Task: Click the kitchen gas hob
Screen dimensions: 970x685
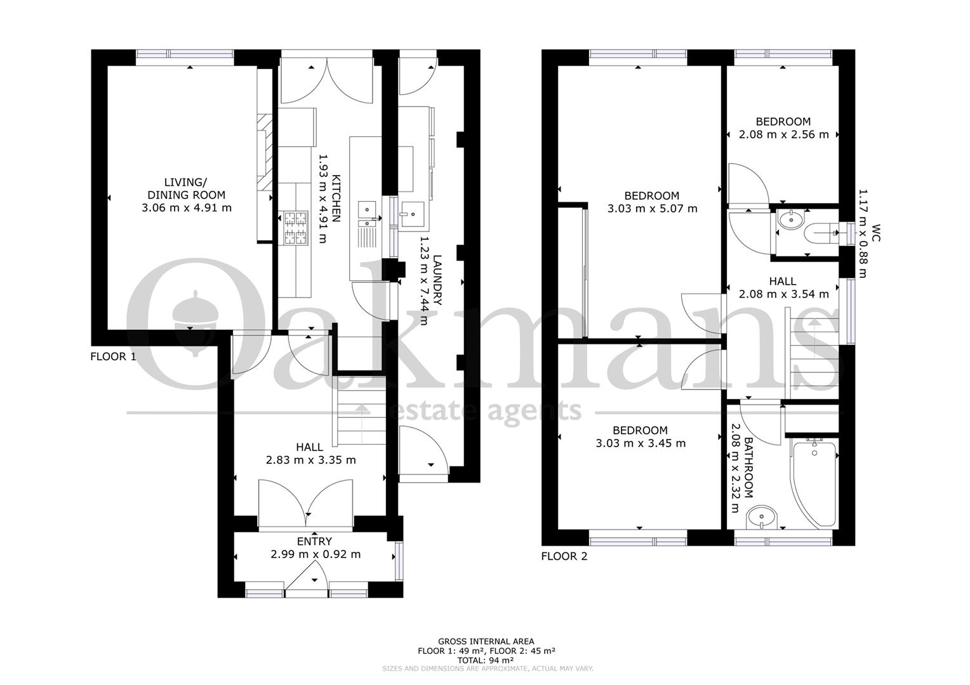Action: (296, 228)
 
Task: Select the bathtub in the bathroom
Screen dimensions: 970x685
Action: (814, 483)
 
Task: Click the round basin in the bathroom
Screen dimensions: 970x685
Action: (762, 517)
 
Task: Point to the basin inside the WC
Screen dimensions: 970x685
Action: (792, 219)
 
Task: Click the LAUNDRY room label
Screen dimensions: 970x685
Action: (437, 280)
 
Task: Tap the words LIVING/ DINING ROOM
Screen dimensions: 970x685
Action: (186, 188)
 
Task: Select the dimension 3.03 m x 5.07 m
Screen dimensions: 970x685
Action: (652, 209)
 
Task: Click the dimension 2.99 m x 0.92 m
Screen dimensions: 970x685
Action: (316, 554)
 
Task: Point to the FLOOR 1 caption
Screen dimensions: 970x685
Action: (113, 356)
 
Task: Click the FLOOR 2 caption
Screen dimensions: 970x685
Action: (564, 556)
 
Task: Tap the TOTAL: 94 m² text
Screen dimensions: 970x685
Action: (486, 660)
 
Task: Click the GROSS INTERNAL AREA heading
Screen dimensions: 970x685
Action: (486, 641)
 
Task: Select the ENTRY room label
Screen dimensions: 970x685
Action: (314, 541)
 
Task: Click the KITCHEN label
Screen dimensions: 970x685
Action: (336, 198)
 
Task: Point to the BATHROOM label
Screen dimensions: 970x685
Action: (748, 468)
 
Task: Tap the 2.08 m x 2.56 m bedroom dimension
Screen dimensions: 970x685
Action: (784, 134)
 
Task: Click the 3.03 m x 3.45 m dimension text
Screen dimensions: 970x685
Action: (641, 443)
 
